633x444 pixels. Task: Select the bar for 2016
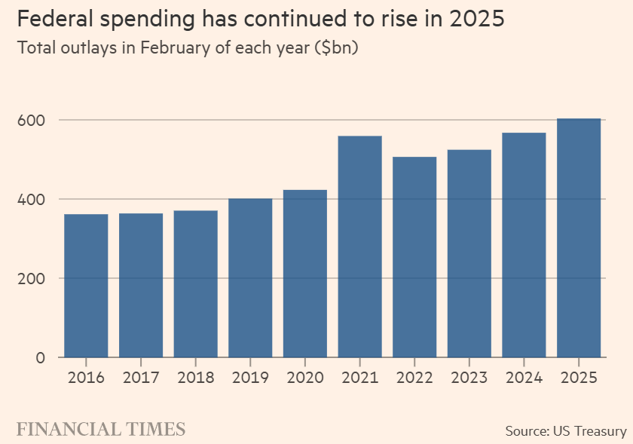point(86,286)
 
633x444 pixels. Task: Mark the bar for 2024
point(524,245)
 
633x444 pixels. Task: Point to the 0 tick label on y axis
point(41,357)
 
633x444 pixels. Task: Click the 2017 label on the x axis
point(141,378)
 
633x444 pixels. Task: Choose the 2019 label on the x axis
point(250,378)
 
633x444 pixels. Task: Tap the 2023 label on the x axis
point(469,378)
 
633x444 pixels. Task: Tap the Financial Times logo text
point(101,430)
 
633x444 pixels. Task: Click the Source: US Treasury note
point(565,430)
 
